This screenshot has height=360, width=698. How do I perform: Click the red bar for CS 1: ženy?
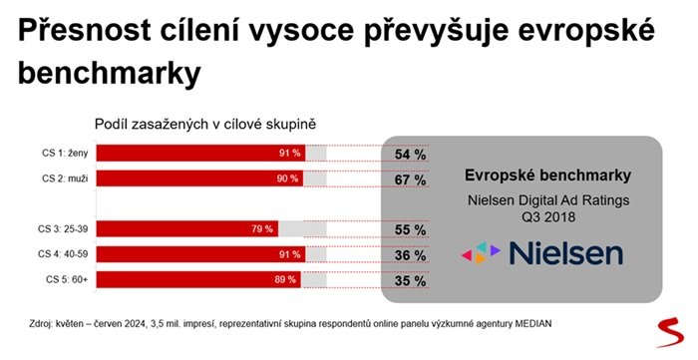tap(199, 154)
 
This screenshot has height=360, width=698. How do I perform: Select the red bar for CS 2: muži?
tap(199, 180)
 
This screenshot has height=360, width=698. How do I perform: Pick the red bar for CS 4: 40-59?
tap(199, 253)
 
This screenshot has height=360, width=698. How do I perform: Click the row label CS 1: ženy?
tap(64, 154)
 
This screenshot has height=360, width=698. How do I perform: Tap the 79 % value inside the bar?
tap(262, 228)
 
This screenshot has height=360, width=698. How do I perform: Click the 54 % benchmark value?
tap(411, 155)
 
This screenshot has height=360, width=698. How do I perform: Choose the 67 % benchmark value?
tap(411, 180)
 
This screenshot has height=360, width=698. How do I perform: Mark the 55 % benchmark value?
tap(411, 229)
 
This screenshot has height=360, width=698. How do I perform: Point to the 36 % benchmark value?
tap(411, 254)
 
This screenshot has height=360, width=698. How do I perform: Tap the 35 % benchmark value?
tap(411, 280)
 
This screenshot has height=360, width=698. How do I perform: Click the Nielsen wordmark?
tap(565, 252)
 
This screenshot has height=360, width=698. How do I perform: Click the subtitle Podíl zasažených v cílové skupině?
tap(204, 124)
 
